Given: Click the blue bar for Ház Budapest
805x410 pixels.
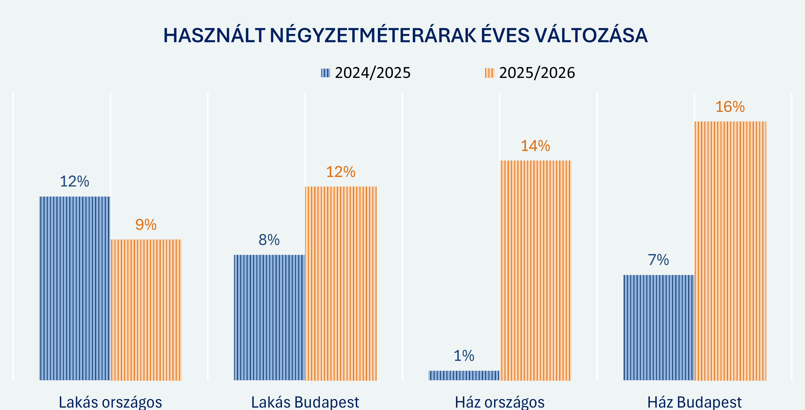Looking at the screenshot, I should tap(659, 327).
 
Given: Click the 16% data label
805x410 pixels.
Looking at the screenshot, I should tap(730, 107).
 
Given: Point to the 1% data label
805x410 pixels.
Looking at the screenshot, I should tap(464, 356).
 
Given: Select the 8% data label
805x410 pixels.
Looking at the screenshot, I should tap(269, 240).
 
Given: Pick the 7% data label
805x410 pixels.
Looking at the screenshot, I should tap(658, 260).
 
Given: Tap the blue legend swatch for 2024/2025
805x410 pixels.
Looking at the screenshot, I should tap(325, 73).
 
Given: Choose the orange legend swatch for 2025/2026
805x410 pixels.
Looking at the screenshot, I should tap(489, 73).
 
